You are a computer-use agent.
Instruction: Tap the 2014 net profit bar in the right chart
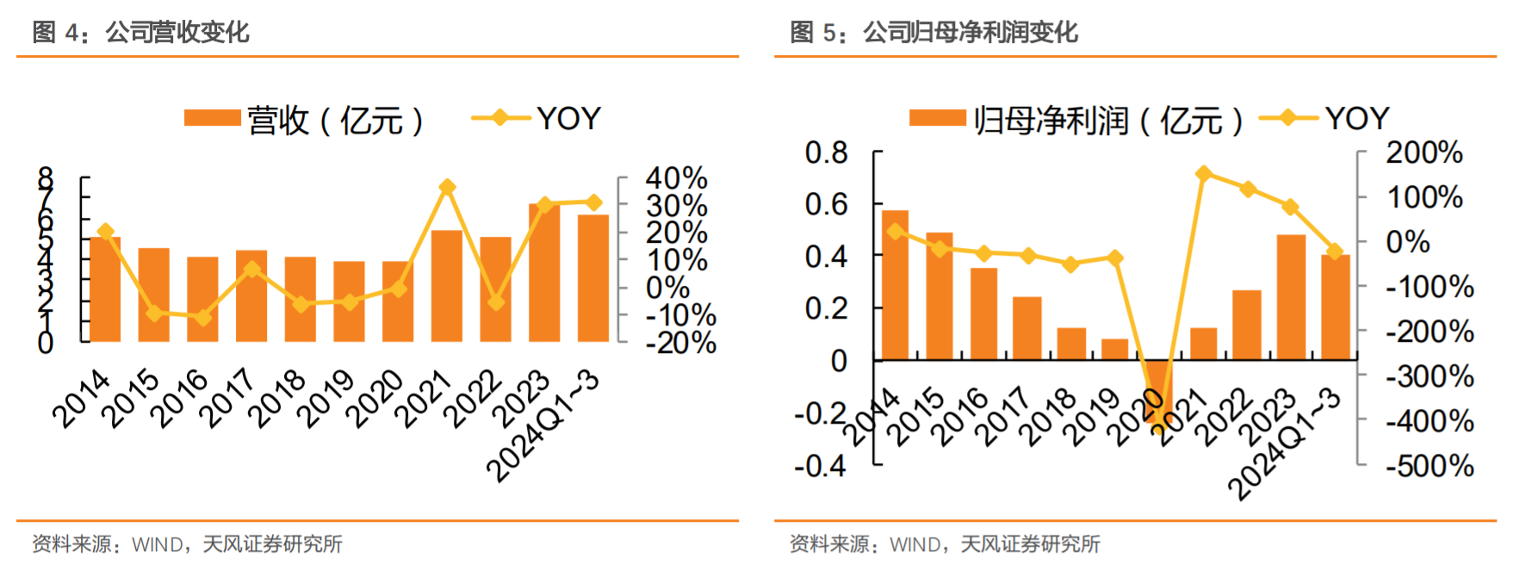895,285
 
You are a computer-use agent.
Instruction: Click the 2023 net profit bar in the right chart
1290,297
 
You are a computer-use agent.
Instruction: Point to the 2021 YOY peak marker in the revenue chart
447,187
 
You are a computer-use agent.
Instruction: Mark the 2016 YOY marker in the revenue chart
203,318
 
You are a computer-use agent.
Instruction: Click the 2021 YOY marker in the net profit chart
1204,174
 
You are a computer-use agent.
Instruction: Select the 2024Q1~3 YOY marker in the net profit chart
1335,251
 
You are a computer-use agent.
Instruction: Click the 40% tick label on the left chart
676,178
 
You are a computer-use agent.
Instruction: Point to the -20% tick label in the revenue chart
681,343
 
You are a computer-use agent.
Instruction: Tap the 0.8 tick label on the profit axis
826,153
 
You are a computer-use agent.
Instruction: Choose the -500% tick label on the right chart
1429,466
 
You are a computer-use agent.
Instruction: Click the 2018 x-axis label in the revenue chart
279,397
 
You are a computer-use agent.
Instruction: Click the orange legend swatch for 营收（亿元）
212,119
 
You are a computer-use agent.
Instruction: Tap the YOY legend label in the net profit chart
1357,119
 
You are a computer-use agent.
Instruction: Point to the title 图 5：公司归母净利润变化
933,33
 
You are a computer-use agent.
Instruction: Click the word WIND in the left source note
157,544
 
